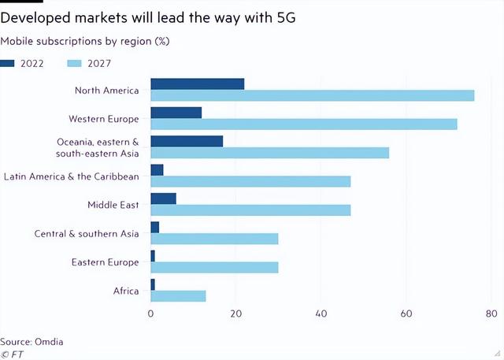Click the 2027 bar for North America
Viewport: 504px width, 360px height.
[x=312, y=95]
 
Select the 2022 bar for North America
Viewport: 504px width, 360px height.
[x=197, y=84]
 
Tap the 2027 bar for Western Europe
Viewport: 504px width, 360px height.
[x=303, y=124]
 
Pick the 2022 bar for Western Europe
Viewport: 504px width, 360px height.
[x=176, y=112]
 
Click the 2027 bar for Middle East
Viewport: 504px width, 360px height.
[x=250, y=210]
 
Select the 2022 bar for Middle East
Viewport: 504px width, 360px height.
[x=163, y=199]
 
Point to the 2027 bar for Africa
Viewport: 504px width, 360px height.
[x=178, y=296]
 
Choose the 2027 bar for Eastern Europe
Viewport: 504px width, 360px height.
[x=214, y=268]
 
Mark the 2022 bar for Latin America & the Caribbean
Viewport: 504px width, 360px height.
[x=157, y=169]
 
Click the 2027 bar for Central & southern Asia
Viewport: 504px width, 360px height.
[x=214, y=239]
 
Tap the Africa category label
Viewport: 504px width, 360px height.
[x=125, y=291]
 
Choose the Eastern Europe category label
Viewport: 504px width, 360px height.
[x=105, y=262]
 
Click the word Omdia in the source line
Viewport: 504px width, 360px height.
[x=48, y=341]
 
